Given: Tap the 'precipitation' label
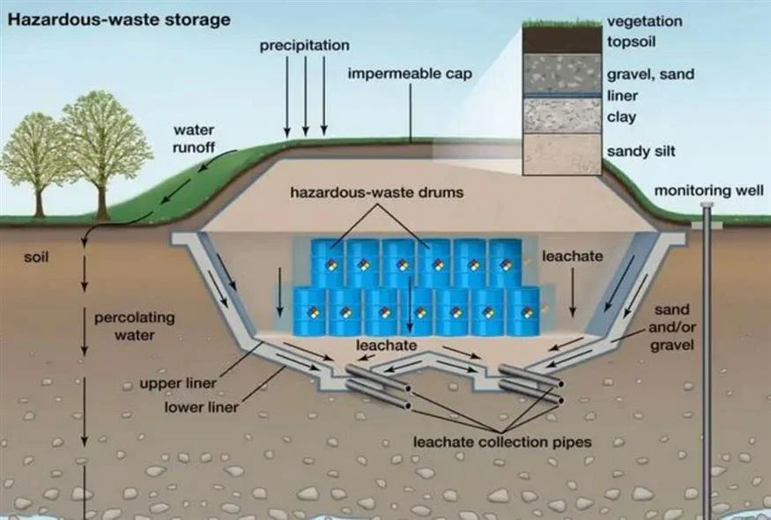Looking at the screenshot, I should pyautogui.click(x=304, y=45).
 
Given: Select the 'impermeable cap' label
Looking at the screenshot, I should pyautogui.click(x=410, y=73).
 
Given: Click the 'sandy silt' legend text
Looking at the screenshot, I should pyautogui.click(x=641, y=152).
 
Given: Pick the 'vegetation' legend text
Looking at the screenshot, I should pyautogui.click(x=643, y=21).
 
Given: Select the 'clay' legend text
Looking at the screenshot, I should pyautogui.click(x=621, y=116).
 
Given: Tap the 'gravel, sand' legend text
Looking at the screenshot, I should pyautogui.click(x=650, y=75).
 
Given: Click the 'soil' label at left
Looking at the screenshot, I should pyautogui.click(x=36, y=258).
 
